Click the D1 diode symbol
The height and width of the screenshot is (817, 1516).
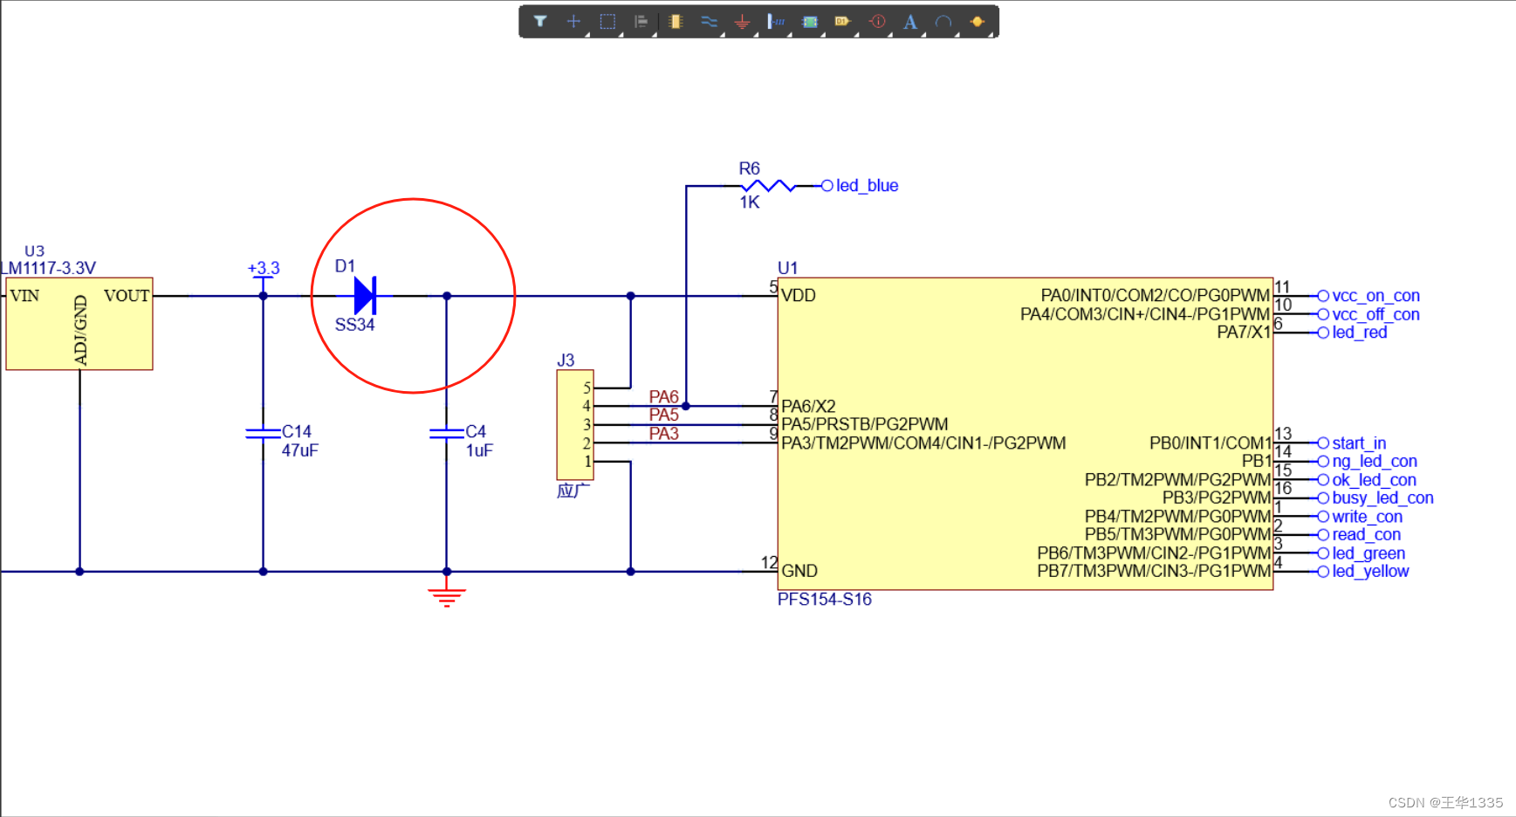point(365,296)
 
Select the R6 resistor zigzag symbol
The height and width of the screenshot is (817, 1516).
point(767,186)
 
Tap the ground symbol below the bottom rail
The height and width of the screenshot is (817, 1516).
point(446,597)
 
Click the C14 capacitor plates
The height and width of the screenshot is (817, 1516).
point(263,433)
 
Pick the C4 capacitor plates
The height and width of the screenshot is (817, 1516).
point(446,433)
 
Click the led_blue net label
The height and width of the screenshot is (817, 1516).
point(867,186)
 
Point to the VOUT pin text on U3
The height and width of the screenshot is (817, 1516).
point(127,296)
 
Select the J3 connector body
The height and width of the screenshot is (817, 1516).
point(574,425)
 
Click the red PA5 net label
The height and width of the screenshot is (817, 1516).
point(663,415)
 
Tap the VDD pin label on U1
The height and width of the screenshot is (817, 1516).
point(799,296)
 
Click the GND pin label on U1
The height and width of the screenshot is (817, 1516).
point(799,571)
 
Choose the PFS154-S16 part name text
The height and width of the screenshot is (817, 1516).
point(825,600)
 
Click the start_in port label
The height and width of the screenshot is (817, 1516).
point(1358,443)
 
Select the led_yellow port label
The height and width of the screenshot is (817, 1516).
point(1369,572)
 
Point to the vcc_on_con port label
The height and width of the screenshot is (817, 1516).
point(1375,296)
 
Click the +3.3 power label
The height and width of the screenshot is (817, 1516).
point(264,268)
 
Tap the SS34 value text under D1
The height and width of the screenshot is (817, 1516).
point(354,325)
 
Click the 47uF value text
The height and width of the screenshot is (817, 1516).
point(299,450)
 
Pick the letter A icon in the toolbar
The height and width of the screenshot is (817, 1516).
point(910,22)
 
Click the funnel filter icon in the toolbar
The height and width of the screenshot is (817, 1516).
point(540,22)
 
